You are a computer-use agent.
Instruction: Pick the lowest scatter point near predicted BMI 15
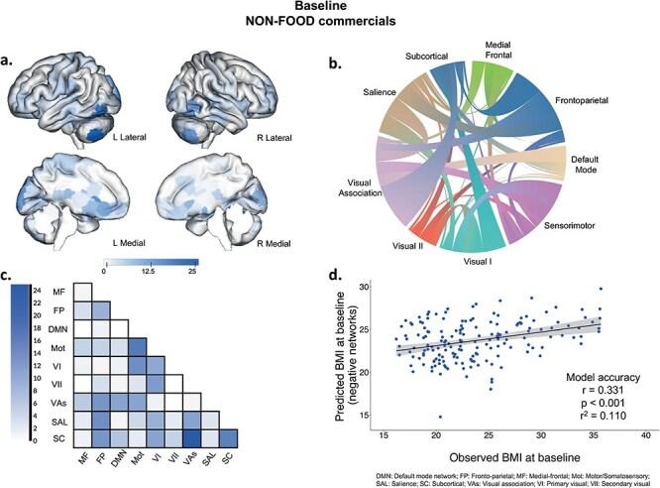439,417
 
